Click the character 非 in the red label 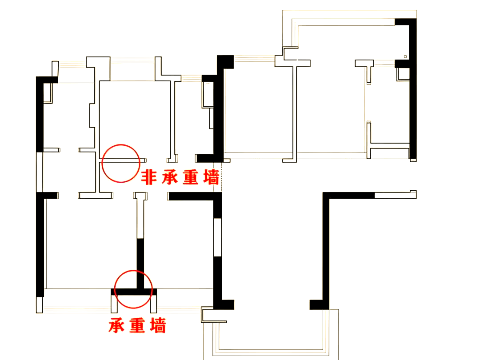[x=149, y=177]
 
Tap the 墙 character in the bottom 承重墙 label [x=158, y=325]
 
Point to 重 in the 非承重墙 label [x=190, y=177]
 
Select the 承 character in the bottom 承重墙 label [x=116, y=325]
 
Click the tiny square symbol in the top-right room [x=405, y=56]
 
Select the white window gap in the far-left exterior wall [x=40, y=172]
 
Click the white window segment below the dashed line [x=217, y=237]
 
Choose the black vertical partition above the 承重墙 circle [x=140, y=264]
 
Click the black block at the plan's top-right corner [x=405, y=22]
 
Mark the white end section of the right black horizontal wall [x=396, y=195]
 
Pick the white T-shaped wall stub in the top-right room [x=364, y=64]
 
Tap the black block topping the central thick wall [x=225, y=62]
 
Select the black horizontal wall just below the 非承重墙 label [x=195, y=196]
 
